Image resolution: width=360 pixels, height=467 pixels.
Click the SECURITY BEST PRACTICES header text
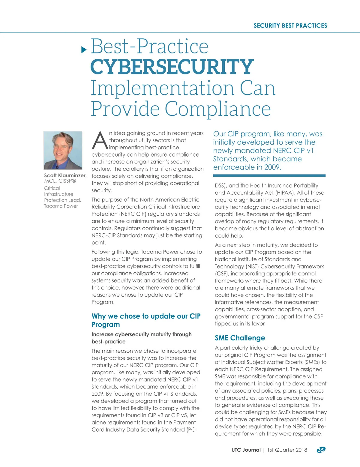point(290,25)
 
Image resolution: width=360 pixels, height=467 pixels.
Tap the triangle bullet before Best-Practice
point(84,49)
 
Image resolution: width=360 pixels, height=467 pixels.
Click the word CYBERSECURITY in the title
point(172,67)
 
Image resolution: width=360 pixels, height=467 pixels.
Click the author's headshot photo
point(63,150)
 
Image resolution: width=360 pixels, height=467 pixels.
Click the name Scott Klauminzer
point(65,175)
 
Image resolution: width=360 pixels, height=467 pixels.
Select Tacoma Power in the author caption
point(61,206)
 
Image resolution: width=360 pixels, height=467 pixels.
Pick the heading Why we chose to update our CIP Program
point(146,320)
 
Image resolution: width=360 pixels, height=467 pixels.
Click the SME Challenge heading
point(240,338)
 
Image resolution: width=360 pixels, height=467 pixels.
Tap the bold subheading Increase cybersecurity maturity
point(141,338)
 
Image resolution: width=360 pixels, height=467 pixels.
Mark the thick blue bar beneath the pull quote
point(269,175)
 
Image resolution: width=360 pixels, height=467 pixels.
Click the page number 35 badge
point(321,450)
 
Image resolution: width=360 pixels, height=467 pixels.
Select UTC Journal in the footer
point(246,450)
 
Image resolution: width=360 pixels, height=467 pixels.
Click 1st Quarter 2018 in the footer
point(287,450)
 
